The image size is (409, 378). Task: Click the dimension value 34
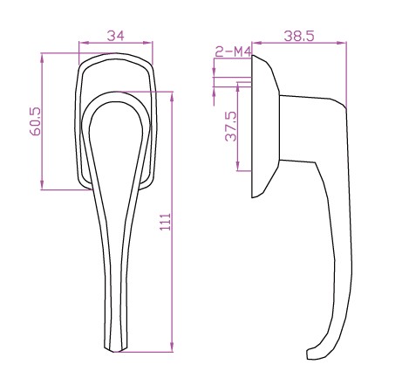[x=115, y=36]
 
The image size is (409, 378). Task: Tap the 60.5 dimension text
[x=36, y=121]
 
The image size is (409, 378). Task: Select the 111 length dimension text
[x=166, y=222]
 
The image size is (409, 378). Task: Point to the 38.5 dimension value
[x=299, y=37]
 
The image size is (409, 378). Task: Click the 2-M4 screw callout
[x=233, y=52]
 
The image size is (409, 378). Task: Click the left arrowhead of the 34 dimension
[x=84, y=43]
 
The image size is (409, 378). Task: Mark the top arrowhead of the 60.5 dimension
[x=42, y=58]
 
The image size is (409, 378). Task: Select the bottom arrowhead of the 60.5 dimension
[x=42, y=184]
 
